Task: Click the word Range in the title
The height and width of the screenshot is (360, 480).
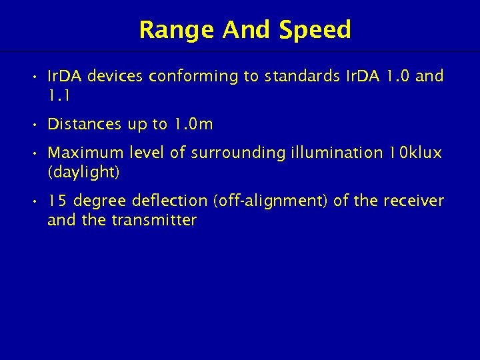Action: (177, 30)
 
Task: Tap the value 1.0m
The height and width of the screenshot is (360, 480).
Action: (193, 124)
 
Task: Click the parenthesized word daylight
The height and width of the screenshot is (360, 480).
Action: (83, 172)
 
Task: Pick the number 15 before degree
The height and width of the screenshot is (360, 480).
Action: (59, 201)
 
